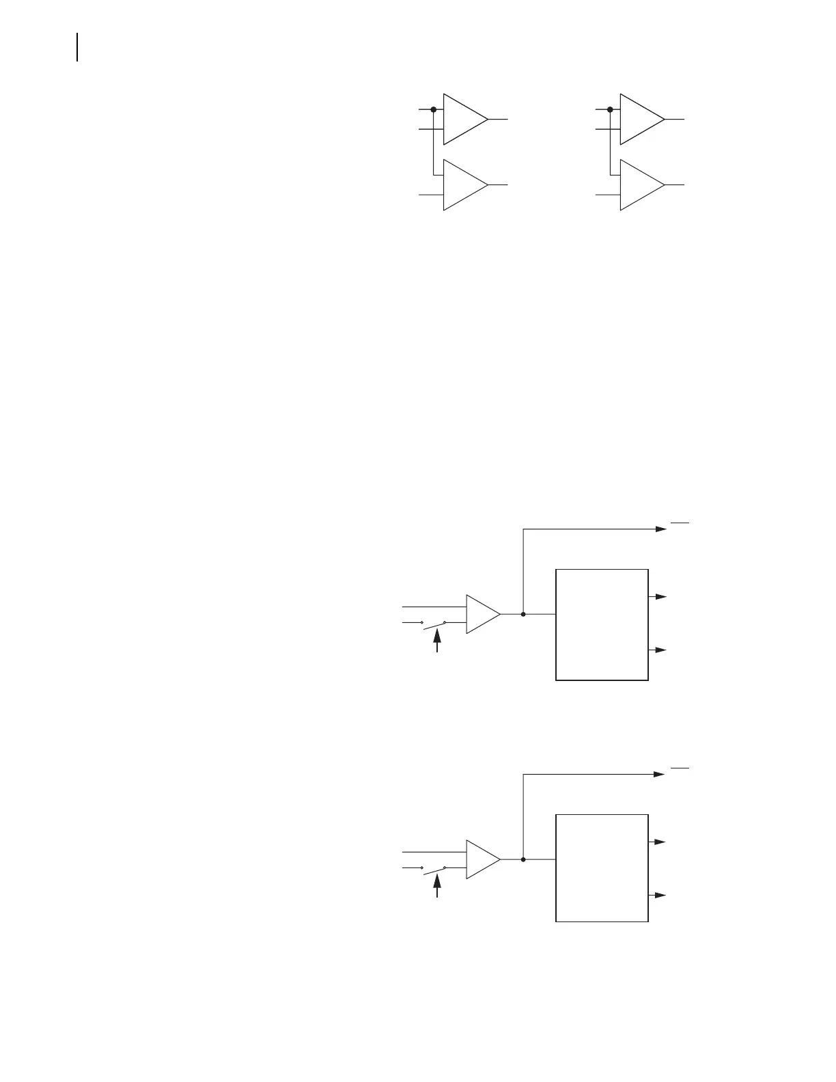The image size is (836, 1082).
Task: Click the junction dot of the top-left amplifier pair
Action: (433, 109)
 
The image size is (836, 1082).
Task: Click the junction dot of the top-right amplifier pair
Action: (609, 109)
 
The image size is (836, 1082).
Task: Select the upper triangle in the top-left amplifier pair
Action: (462, 119)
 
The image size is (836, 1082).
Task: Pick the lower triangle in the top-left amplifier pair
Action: (462, 184)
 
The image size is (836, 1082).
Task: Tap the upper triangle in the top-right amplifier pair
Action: (639, 119)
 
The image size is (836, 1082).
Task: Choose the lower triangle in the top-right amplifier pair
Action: (639, 184)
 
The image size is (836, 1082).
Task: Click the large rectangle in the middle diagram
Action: (602, 624)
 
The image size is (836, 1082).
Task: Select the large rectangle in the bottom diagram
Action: (602, 868)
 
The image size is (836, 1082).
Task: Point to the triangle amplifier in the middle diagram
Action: (481, 614)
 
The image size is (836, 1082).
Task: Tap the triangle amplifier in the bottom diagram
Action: (481, 859)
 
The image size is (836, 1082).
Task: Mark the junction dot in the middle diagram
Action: (523, 614)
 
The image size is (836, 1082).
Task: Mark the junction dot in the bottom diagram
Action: (523, 859)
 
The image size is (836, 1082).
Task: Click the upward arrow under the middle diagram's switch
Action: (437, 641)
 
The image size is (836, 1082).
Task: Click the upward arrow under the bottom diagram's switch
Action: (437, 887)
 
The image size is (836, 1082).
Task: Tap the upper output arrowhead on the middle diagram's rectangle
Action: (660, 596)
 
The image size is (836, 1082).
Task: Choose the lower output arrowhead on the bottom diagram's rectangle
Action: (660, 895)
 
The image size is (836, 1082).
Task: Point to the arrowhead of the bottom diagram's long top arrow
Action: (660, 774)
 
